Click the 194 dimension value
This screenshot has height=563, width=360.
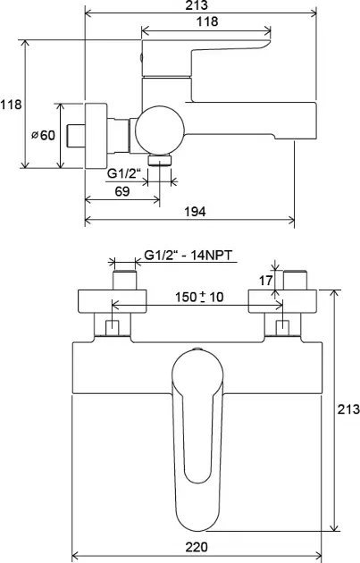pyautogui.click(x=195, y=212)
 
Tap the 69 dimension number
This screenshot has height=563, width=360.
pyautogui.click(x=122, y=191)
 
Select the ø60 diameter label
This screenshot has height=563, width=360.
pyautogui.click(x=44, y=135)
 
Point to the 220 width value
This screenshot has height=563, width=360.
pyautogui.click(x=197, y=547)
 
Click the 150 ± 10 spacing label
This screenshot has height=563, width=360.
pyautogui.click(x=199, y=297)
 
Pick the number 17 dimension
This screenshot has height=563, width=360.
pyautogui.click(x=266, y=281)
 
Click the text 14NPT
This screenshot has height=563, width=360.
pyautogui.click(x=212, y=256)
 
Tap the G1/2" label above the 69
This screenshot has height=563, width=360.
pyautogui.click(x=122, y=173)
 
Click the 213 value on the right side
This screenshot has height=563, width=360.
pyautogui.click(x=348, y=408)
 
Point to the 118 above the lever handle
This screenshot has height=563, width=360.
pyautogui.click(x=207, y=21)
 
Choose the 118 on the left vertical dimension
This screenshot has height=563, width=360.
pyautogui.click(x=11, y=105)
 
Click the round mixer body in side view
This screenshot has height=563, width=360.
pyautogui.click(x=160, y=130)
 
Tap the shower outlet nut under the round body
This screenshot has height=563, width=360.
pyautogui.click(x=159, y=160)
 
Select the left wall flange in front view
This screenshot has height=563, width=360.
pyautogui.click(x=113, y=301)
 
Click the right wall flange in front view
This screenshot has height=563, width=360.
pyautogui.click(x=283, y=301)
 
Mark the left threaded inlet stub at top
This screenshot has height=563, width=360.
pyautogui.click(x=124, y=280)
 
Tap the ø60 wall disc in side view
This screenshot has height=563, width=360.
pyautogui.click(x=96, y=135)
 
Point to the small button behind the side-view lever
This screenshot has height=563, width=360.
pyautogui.click(x=141, y=57)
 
